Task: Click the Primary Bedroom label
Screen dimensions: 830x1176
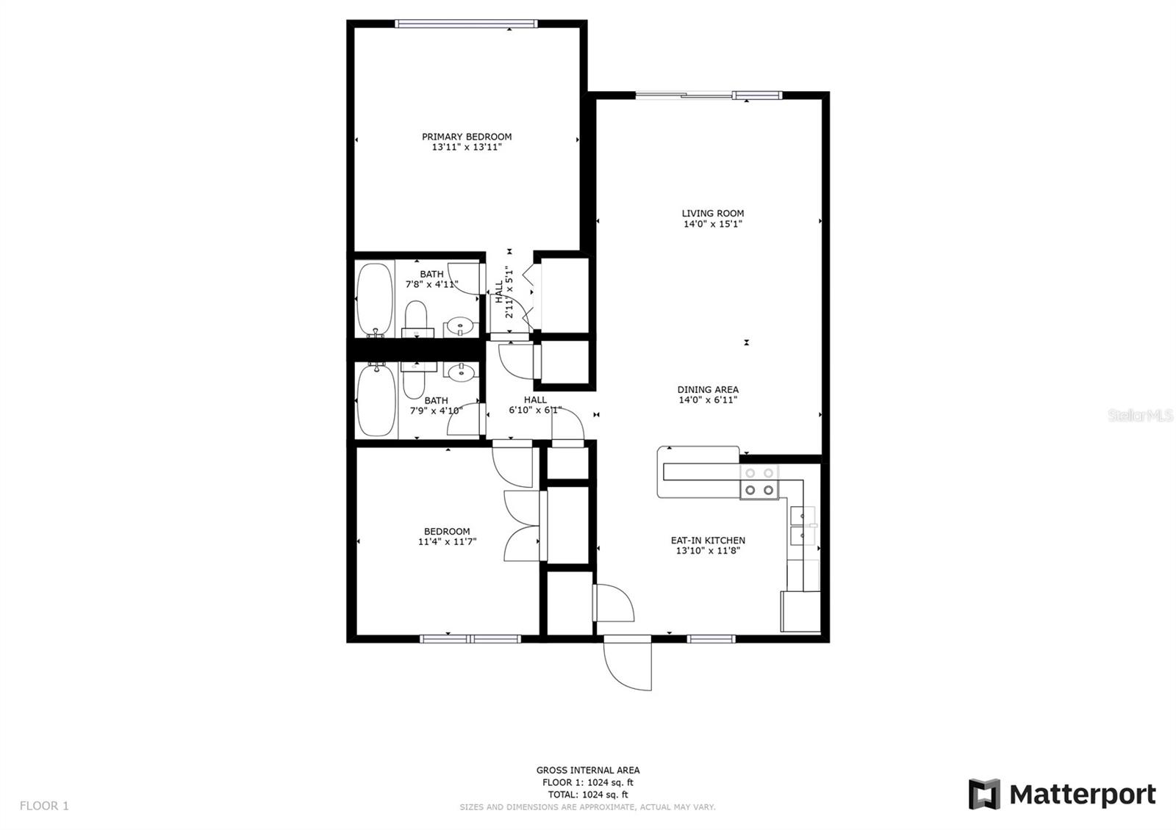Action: click(467, 137)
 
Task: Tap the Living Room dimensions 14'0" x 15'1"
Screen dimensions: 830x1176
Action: click(712, 224)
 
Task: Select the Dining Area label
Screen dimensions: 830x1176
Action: click(708, 390)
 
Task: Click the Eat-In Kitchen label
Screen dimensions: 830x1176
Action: click(708, 541)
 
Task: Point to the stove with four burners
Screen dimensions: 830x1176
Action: click(759, 482)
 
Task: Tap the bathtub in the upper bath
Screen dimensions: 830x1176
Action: click(375, 300)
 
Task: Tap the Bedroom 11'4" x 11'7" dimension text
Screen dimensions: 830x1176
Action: click(447, 542)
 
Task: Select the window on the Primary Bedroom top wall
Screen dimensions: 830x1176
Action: click(466, 24)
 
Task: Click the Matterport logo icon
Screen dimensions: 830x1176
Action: click(984, 794)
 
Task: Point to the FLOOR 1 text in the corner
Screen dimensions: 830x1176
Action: click(44, 806)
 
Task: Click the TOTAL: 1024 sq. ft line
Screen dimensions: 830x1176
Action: click(587, 794)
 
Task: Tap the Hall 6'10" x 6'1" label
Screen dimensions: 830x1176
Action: click(535, 405)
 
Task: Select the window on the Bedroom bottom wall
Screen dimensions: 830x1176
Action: click(470, 639)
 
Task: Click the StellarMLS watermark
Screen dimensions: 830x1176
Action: click(1141, 416)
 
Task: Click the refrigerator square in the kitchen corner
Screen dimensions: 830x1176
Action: click(800, 611)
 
